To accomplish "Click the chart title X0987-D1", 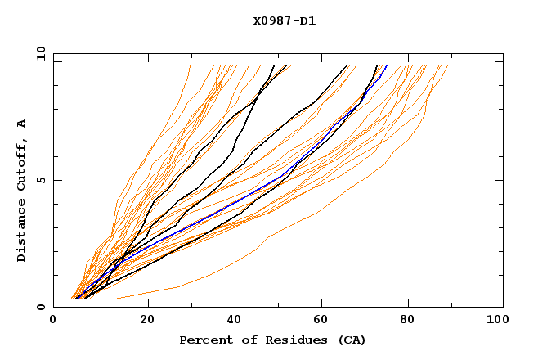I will pyautogui.click(x=284, y=20).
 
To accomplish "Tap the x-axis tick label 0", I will pyautogui.click(x=54, y=321).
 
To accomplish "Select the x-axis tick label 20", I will pyautogui.click(x=147, y=321).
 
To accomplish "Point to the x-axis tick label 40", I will pyautogui.click(x=235, y=321).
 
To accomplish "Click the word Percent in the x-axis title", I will pyautogui.click(x=204, y=340).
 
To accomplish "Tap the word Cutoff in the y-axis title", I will pyautogui.click(x=22, y=162).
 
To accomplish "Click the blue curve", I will pyautogui.click(x=245, y=198).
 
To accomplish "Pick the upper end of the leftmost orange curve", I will pyautogui.click(x=190, y=66).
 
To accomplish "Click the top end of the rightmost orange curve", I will pyautogui.click(x=447, y=66).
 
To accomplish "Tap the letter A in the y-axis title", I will pyautogui.click(x=22, y=124).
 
